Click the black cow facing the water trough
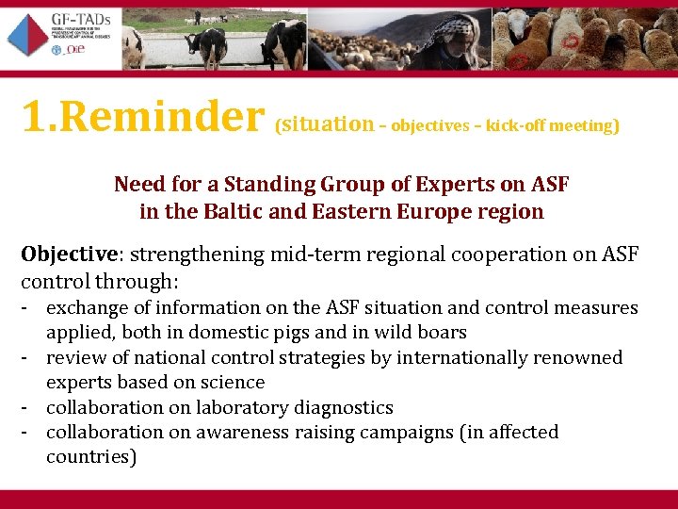coord(206,43)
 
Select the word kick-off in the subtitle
coord(515,125)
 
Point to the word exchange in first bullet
coord(84,307)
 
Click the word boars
coord(442,332)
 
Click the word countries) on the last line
coord(91,457)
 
